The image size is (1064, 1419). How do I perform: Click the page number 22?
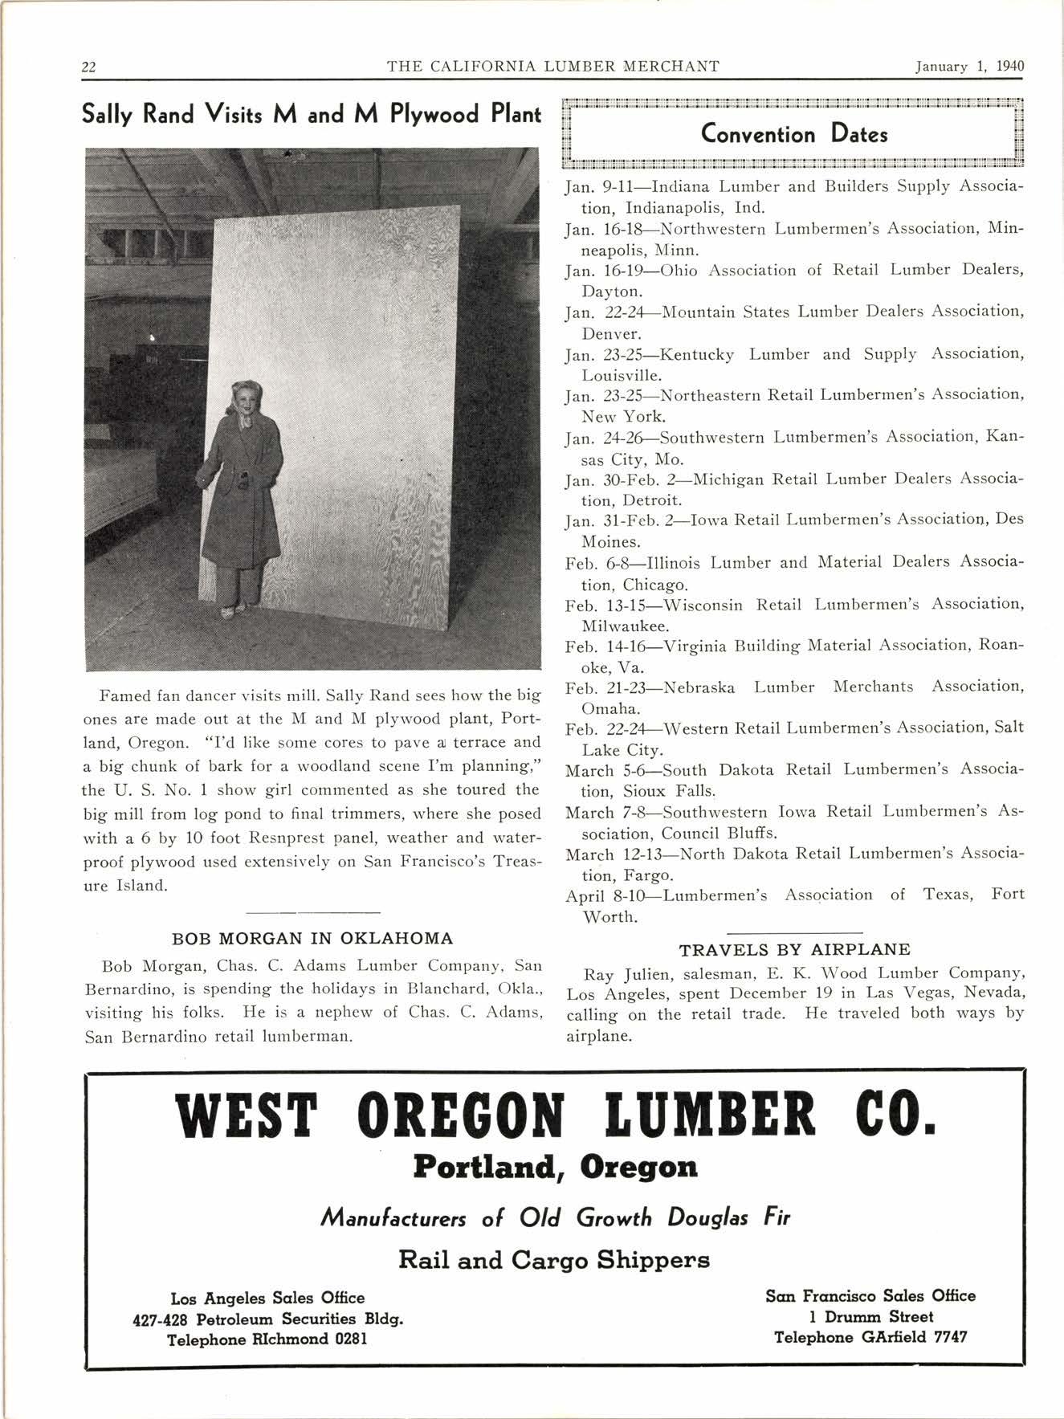coord(89,67)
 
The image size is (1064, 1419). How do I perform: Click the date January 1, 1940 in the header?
coord(970,67)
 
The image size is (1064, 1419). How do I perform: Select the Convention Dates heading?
coord(793,133)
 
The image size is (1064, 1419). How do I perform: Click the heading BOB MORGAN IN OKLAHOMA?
coord(312,938)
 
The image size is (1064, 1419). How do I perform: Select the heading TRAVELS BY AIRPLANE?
coord(794,949)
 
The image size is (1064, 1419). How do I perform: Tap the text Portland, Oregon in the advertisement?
coord(555,1167)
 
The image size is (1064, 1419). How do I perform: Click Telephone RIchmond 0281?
coord(267,1339)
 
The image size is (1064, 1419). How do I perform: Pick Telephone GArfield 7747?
coord(870,1337)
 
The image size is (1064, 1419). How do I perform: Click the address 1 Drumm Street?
coord(870,1316)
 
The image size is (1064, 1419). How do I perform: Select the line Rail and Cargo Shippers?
coord(554,1260)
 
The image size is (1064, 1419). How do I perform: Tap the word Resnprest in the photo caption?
coord(286,838)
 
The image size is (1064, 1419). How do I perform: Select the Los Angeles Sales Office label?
coord(267,1298)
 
